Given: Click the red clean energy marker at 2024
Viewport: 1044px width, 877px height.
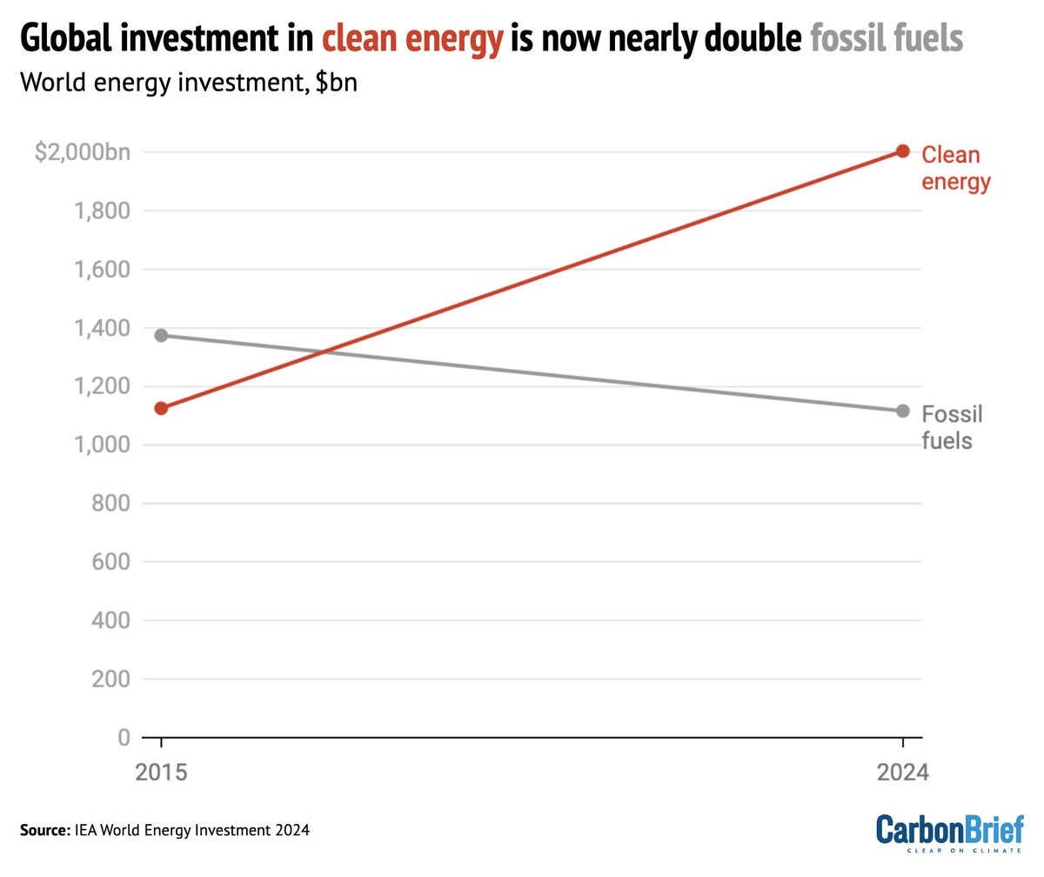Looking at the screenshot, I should click(903, 151).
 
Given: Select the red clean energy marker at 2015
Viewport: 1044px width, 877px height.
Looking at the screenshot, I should click(160, 408).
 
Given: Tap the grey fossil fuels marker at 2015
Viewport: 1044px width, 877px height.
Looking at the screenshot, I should click(160, 335).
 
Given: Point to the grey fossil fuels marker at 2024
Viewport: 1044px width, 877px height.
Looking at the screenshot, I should click(903, 411).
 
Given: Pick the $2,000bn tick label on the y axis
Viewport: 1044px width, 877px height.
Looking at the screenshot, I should click(82, 152).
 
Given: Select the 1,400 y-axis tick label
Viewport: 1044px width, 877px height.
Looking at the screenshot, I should click(106, 328).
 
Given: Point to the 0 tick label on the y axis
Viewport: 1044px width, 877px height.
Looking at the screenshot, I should click(124, 738).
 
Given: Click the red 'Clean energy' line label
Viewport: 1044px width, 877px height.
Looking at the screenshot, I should click(955, 168).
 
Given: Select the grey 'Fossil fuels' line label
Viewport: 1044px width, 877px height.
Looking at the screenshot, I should click(952, 427).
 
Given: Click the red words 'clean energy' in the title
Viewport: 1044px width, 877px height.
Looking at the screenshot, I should click(412, 39).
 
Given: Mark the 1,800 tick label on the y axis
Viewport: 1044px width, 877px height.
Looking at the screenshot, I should click(106, 211).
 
